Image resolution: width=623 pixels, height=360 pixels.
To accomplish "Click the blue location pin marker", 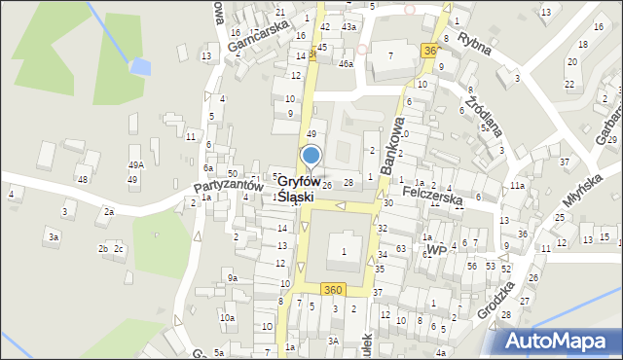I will (311, 157).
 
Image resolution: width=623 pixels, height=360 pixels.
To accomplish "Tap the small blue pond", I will (141, 67).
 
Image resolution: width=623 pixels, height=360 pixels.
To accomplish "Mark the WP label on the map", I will (435, 250).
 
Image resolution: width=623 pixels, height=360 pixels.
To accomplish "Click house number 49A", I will (135, 164).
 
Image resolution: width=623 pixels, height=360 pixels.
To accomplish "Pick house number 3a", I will (55, 236).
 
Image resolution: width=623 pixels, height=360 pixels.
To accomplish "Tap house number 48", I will (83, 179).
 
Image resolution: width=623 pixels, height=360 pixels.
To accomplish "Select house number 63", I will (400, 250).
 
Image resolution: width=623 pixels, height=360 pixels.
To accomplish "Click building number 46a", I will (346, 64).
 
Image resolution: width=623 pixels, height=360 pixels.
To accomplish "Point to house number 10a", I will (227, 318).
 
